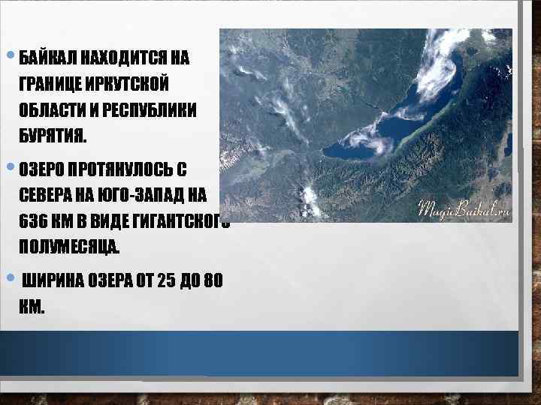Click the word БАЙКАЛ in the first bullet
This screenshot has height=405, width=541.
point(47,58)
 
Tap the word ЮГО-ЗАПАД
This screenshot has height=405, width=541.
point(142,193)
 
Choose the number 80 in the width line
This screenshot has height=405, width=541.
point(214,282)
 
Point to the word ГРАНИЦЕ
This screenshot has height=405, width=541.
point(52,84)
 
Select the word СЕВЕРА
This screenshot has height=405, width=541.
point(47,193)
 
